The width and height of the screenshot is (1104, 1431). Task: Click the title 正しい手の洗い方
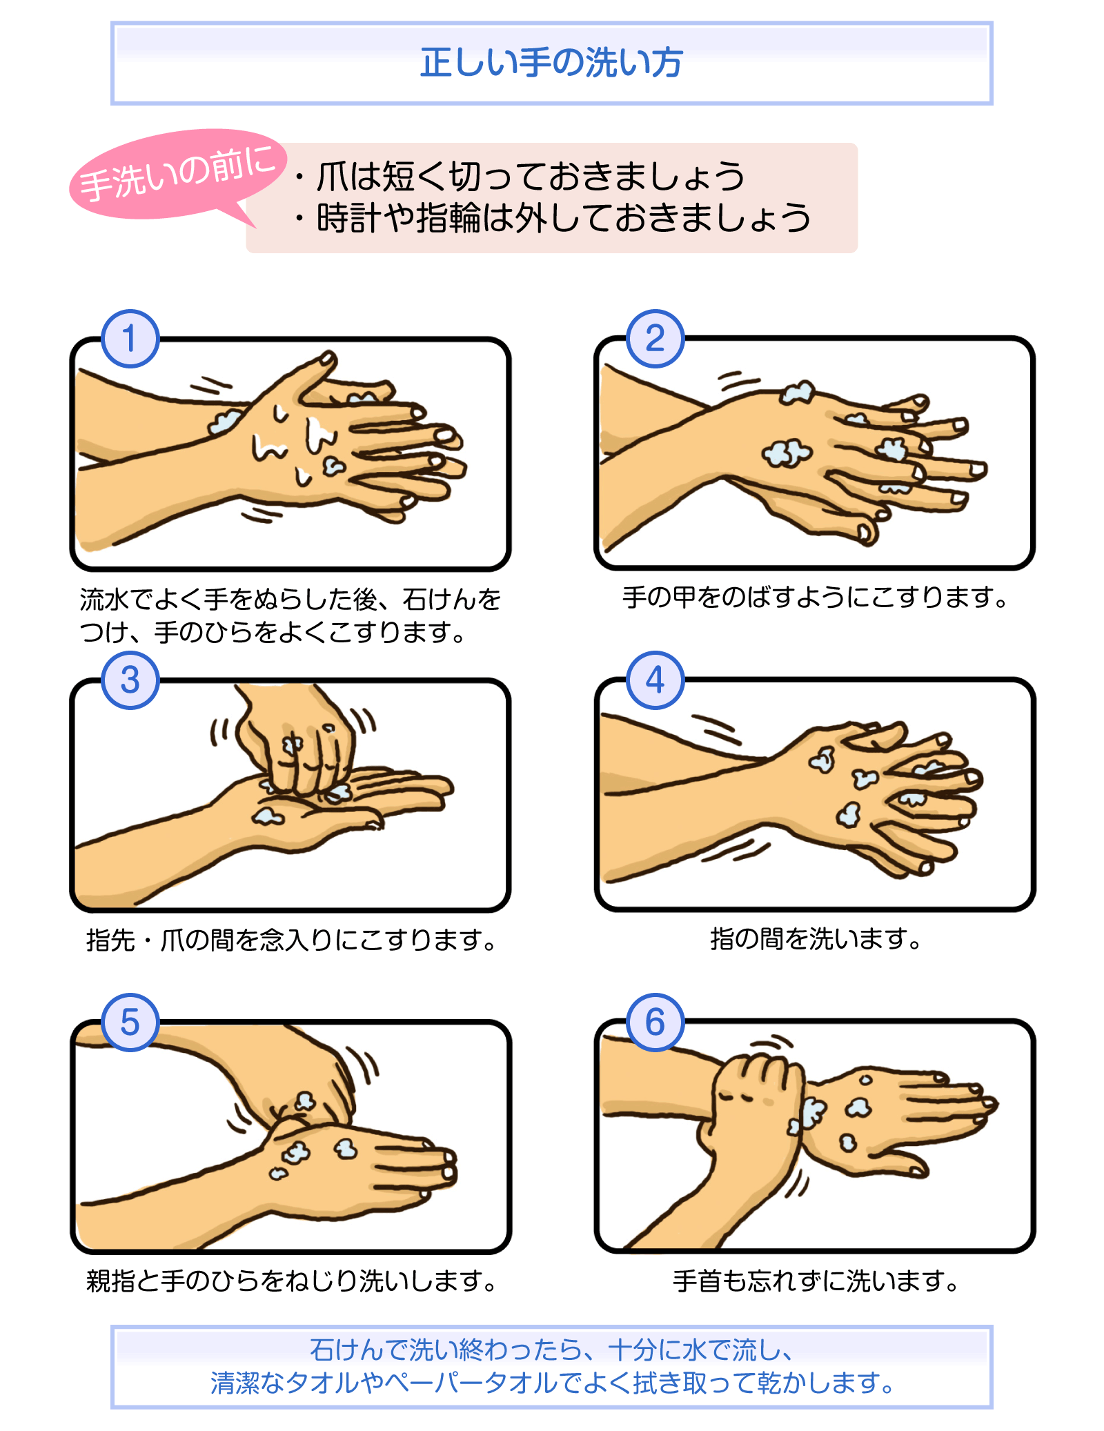(551, 63)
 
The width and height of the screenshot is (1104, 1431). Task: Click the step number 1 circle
(130, 339)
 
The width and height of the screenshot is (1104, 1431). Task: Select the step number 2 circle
(655, 339)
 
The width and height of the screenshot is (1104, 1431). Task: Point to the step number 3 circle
(130, 680)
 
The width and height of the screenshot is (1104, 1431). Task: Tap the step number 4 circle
(655, 680)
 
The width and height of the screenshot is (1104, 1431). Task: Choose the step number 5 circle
(130, 1023)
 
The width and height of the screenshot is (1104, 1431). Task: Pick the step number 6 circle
(655, 1023)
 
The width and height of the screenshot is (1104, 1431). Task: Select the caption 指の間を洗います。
(816, 939)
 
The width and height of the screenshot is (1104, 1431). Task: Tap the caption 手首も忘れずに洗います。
(816, 1281)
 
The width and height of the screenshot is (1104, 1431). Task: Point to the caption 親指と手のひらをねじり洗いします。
(291, 1281)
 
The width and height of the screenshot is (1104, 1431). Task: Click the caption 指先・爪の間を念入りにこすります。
(291, 940)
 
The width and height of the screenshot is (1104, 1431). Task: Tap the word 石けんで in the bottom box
(359, 1350)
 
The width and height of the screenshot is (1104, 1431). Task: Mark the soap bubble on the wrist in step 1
(224, 420)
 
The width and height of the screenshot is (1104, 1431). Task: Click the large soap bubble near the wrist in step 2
(786, 453)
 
